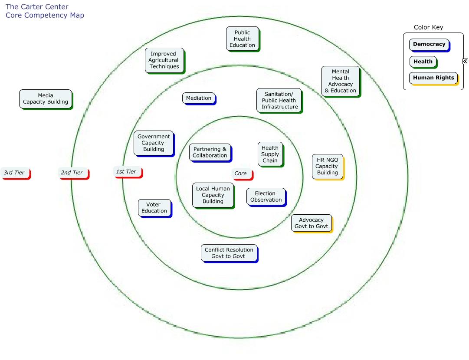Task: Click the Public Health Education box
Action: pyautogui.click(x=243, y=39)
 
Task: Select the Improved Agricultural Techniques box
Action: pyautogui.click(x=164, y=60)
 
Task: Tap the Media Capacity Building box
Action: pyautogui.click(x=46, y=99)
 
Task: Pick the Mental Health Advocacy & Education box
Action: pyautogui.click(x=341, y=81)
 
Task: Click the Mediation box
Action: pyautogui.click(x=199, y=98)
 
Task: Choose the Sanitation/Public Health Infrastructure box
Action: pyautogui.click(x=279, y=101)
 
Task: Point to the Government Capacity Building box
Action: pyautogui.click(x=154, y=143)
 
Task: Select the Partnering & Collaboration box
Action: pyautogui.click(x=210, y=152)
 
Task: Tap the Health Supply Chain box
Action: pyautogui.click(x=270, y=154)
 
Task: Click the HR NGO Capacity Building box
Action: pyautogui.click(x=328, y=166)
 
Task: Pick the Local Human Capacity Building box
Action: pyautogui.click(x=213, y=195)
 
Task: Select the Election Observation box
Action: pyautogui.click(x=266, y=197)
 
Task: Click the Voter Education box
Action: pyautogui.click(x=154, y=208)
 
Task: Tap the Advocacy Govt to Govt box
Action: pyautogui.click(x=312, y=223)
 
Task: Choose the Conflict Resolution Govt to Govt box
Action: pyautogui.click(x=229, y=253)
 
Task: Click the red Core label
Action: pyautogui.click(x=241, y=173)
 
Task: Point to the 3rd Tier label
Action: pyautogui.click(x=15, y=173)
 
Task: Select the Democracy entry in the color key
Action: pyautogui.click(x=429, y=44)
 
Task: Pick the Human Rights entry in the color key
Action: pyautogui.click(x=433, y=78)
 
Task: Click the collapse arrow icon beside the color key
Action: pyautogui.click(x=465, y=62)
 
